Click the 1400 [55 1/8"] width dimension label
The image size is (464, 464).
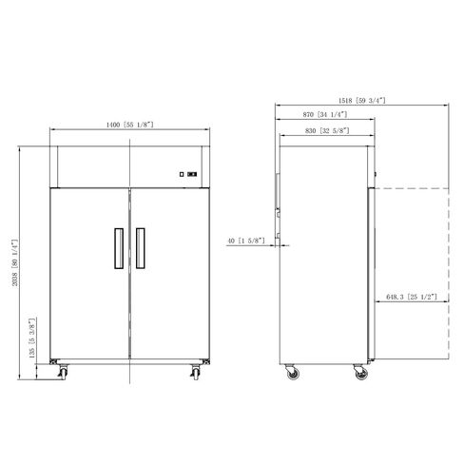[129, 125]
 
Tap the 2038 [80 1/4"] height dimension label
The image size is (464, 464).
[15, 262]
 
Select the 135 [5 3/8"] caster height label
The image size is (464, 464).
[31, 338]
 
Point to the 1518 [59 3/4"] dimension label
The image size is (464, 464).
[362, 101]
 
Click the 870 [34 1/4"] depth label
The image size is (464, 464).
[325, 114]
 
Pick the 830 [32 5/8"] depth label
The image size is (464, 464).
[327, 130]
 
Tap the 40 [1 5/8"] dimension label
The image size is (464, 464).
[246, 241]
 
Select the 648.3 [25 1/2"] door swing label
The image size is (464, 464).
[412, 297]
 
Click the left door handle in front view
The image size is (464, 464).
[119, 248]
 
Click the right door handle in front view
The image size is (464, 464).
[141, 248]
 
